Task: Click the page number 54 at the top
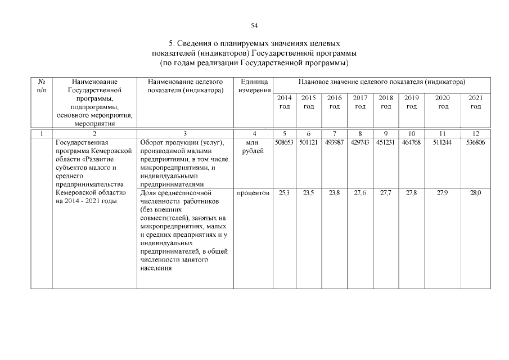[254, 25]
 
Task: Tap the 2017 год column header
[360, 102]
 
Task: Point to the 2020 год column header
[444, 102]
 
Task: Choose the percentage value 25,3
[284, 193]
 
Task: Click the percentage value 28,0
[476, 193]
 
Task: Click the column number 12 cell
[476, 133]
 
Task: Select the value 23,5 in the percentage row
[309, 193]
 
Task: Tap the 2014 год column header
[284, 102]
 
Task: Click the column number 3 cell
[184, 133]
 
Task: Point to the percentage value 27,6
[360, 193]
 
